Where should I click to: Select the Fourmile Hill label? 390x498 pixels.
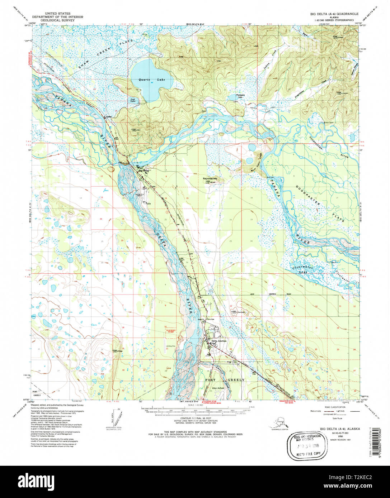(x=211, y=178)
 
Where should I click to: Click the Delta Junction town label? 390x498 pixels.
(x=219, y=341)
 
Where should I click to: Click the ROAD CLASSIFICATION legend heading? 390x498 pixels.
(x=332, y=407)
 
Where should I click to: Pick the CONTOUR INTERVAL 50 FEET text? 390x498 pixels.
(x=195, y=418)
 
